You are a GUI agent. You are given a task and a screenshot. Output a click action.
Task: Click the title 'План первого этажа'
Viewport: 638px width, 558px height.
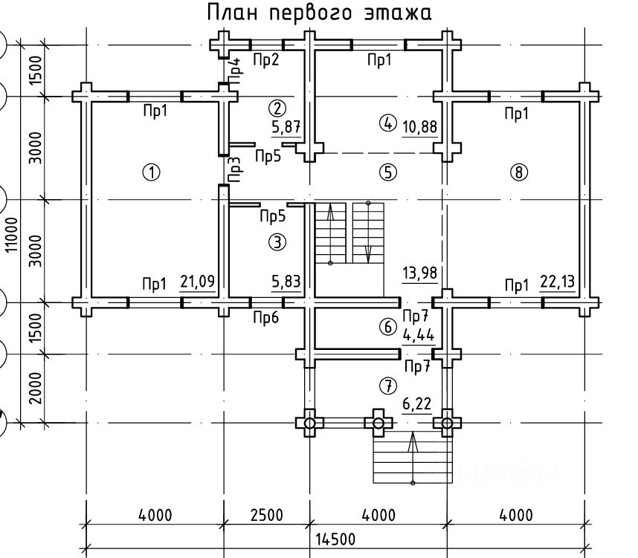(318, 13)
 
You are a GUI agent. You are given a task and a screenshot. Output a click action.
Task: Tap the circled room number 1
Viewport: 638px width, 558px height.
(151, 173)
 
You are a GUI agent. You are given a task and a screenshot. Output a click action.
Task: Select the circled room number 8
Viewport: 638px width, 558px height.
(518, 173)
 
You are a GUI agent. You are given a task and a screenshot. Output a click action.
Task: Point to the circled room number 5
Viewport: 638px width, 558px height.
(387, 173)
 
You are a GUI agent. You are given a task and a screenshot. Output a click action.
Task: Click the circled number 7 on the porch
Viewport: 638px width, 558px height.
(387, 386)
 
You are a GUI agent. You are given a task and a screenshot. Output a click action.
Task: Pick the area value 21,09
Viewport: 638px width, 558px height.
(198, 282)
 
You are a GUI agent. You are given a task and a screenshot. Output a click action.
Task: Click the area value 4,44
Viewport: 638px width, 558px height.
(419, 334)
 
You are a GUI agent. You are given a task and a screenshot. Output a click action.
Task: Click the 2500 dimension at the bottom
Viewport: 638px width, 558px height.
(265, 515)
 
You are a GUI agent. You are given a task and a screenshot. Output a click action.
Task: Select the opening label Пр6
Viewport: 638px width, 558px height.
(265, 318)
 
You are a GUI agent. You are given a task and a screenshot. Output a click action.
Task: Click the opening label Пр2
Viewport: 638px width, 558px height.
(265, 59)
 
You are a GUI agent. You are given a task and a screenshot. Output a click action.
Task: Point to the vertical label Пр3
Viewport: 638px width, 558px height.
(235, 170)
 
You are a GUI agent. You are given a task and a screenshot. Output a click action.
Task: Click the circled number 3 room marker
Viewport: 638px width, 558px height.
(277, 241)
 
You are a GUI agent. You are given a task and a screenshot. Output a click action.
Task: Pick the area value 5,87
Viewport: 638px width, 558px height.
(286, 127)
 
